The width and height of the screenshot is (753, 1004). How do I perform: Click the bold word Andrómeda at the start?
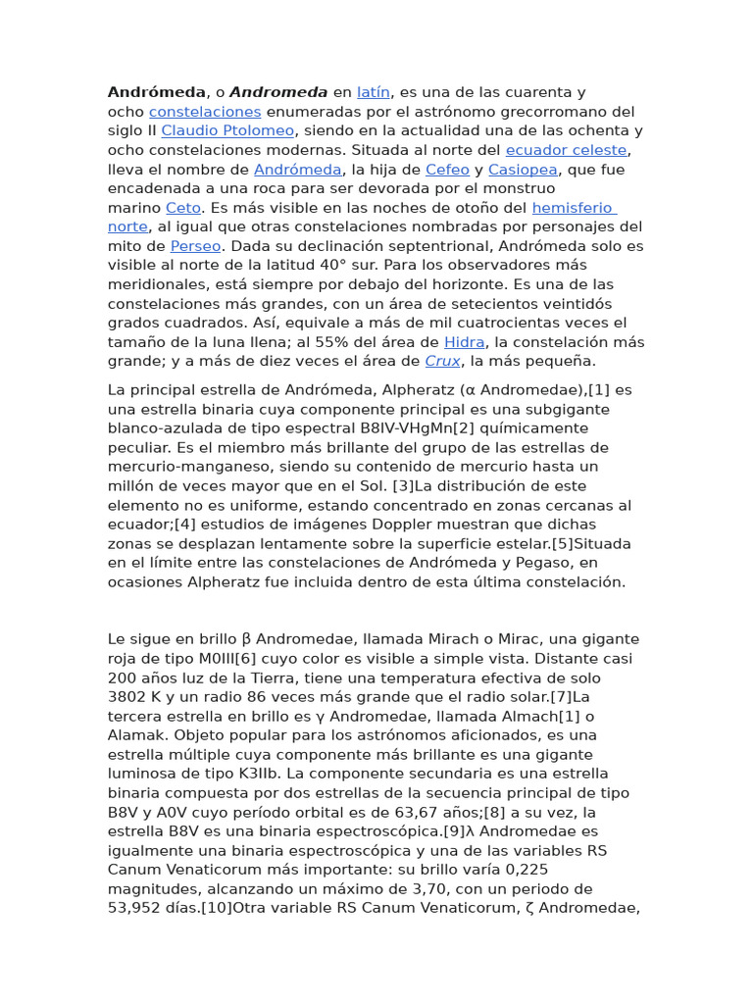click(x=157, y=92)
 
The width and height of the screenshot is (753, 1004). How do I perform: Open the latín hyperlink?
click(x=374, y=92)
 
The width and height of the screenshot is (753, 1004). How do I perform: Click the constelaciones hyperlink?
click(x=205, y=112)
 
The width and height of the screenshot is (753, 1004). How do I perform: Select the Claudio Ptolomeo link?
click(x=227, y=130)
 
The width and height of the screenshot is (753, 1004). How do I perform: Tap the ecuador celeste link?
click(x=566, y=150)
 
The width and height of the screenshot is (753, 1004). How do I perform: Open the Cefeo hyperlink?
click(x=447, y=170)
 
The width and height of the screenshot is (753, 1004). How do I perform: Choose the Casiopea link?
click(x=522, y=170)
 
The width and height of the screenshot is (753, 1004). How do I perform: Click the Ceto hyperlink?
click(x=183, y=208)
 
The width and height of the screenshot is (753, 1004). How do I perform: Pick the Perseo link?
click(x=196, y=246)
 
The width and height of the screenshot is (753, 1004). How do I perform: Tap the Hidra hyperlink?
click(x=464, y=342)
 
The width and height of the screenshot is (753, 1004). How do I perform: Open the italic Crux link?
click(x=443, y=362)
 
